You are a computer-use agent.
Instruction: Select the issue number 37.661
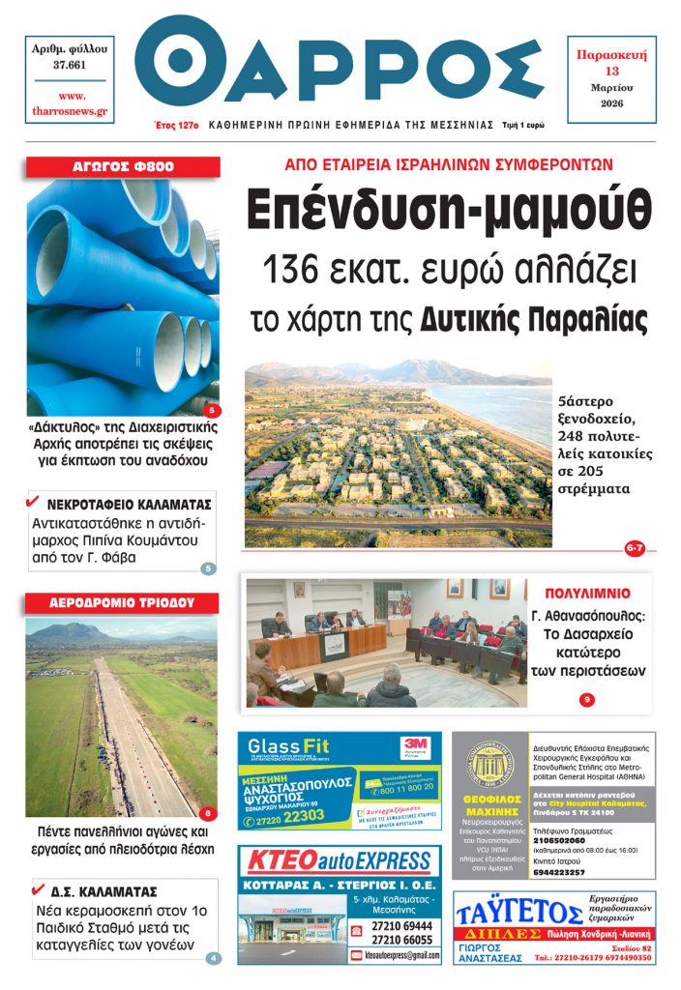pos(70,65)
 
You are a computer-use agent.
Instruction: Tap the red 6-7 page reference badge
pos(635,549)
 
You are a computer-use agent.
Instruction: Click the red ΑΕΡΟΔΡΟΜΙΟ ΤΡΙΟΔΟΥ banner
pos(122,602)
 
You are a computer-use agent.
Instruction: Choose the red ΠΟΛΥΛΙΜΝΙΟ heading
pos(587,593)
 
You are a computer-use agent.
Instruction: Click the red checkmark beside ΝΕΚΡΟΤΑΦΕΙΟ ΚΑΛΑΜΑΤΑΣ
pos(33,502)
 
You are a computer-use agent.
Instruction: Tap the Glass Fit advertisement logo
pos(288,746)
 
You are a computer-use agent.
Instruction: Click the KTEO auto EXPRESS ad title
pos(339,861)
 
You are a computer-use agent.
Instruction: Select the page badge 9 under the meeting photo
pos(586,700)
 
